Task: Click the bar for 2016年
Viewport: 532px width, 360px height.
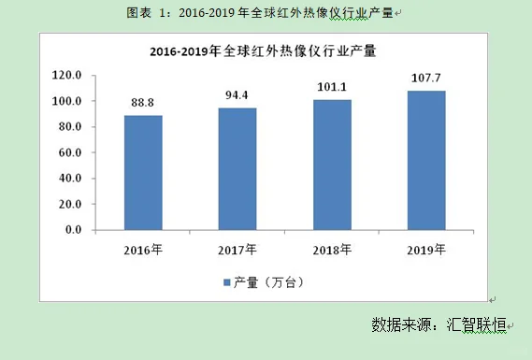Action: point(143,172)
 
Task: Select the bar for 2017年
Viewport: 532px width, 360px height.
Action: point(237,168)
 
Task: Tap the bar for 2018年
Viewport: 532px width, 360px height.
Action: point(332,164)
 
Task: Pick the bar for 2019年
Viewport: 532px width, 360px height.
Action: point(426,160)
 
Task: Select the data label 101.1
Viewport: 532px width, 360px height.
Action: point(332,89)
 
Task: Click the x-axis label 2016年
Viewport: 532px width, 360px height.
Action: point(143,249)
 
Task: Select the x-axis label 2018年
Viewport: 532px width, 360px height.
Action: point(332,249)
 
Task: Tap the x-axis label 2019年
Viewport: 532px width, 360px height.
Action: point(426,249)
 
